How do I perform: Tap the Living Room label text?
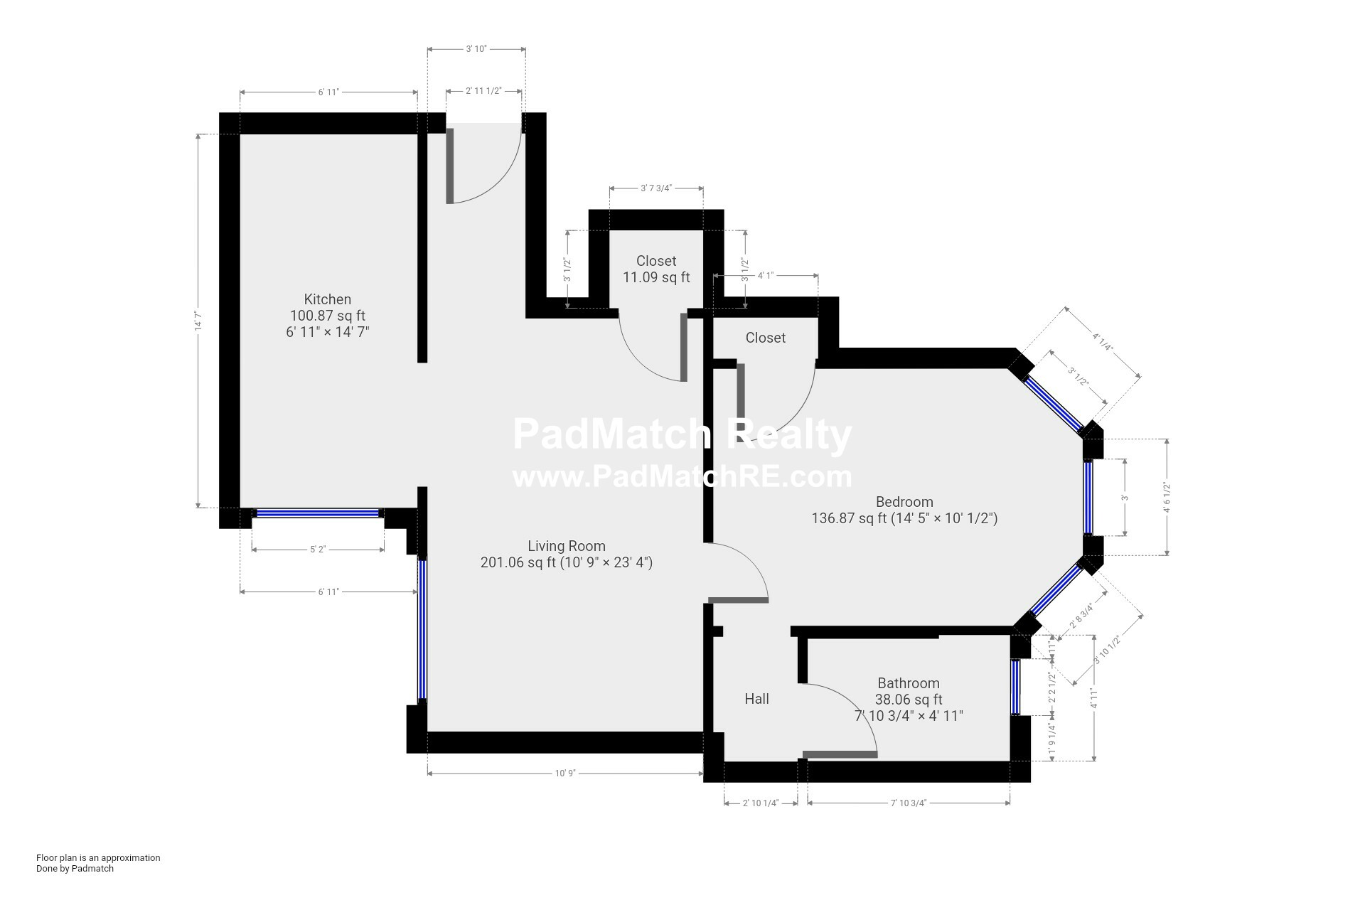567,546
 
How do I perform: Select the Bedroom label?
904,502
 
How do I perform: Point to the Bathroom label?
909,683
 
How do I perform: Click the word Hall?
756,699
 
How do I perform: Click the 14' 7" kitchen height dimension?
199,321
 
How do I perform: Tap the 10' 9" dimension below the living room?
565,773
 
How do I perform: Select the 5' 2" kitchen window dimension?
318,550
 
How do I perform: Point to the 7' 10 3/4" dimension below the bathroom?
909,803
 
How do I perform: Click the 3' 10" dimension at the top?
476,49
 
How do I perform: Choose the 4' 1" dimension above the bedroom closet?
765,275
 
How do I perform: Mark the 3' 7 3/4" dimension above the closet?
656,188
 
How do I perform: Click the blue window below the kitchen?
318,513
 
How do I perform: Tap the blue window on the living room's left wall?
422,630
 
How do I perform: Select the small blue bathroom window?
1015,687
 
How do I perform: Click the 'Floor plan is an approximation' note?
98,857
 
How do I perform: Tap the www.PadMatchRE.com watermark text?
682,476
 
